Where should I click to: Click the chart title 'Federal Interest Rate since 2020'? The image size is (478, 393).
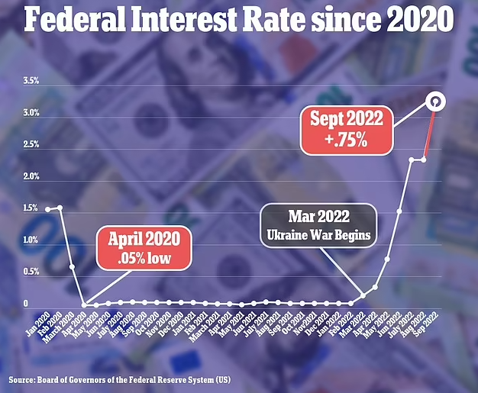click(x=239, y=19)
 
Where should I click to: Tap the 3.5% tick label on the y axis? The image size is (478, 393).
click(x=31, y=81)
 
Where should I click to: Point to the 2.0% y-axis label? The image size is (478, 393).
click(x=31, y=176)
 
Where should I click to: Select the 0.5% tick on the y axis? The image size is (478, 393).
click(x=31, y=272)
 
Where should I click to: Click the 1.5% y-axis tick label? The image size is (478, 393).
click(x=31, y=208)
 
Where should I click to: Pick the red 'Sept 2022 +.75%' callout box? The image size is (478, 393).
click(x=347, y=130)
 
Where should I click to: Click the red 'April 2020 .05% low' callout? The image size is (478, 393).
click(x=144, y=248)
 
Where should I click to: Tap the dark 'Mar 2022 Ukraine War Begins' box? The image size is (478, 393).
click(x=318, y=225)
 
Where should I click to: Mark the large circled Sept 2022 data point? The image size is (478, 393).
click(x=436, y=101)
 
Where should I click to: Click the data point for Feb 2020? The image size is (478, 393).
click(x=60, y=208)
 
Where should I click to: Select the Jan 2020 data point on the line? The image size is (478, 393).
click(x=47, y=209)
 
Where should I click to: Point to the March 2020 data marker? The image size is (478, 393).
click(x=72, y=266)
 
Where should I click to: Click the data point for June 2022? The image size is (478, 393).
click(x=399, y=211)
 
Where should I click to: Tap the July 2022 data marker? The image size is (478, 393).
click(x=412, y=159)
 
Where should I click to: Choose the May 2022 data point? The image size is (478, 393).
click(x=387, y=259)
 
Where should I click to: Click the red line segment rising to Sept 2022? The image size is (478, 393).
click(x=429, y=134)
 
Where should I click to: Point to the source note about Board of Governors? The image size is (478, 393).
click(x=119, y=380)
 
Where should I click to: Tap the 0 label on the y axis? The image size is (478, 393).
click(x=26, y=304)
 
